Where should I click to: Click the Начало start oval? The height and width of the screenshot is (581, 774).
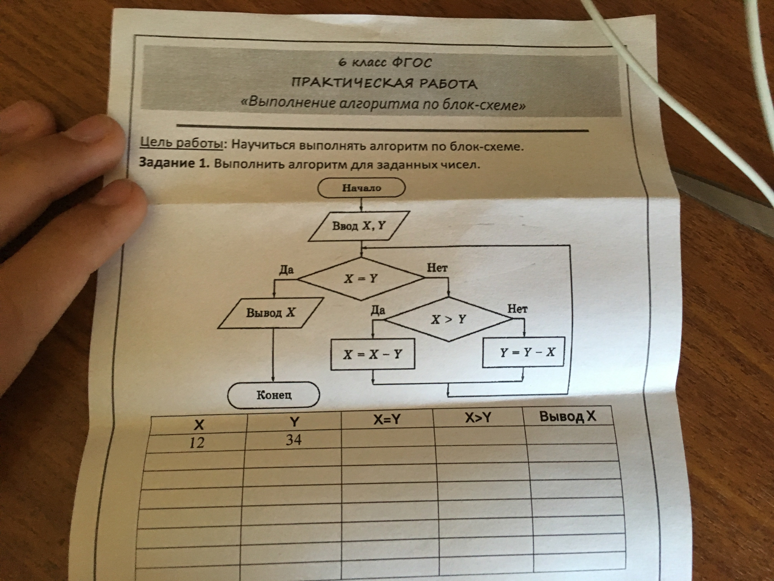point(361,188)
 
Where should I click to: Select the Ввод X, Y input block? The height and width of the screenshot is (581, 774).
point(359,226)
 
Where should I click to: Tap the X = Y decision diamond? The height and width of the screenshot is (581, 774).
point(361,279)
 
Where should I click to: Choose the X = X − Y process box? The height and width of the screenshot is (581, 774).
point(373,354)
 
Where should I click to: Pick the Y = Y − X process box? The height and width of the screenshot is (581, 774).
point(523,352)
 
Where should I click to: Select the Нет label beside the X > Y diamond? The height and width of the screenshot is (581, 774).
point(518,309)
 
